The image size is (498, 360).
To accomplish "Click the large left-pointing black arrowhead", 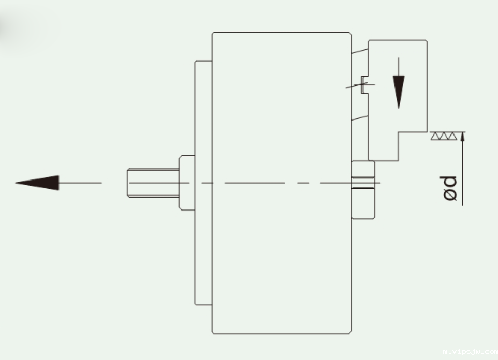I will click(x=39, y=183).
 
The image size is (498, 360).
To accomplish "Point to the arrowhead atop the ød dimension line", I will click(x=462, y=136).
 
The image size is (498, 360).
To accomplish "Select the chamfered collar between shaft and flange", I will click(x=186, y=182).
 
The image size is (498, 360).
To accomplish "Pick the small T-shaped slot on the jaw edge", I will click(x=364, y=85).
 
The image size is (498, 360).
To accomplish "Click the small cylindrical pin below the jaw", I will click(x=363, y=190).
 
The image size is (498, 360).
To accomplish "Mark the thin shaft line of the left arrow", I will click(x=80, y=183).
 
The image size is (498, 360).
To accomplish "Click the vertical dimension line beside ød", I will click(x=462, y=171).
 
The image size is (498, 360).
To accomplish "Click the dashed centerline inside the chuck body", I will click(x=269, y=183).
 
